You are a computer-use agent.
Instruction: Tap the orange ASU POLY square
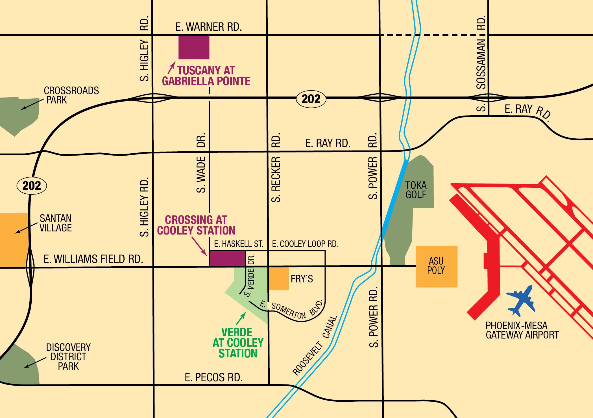pyautogui.click(x=436, y=266)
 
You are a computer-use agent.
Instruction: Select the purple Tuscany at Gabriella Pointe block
pyautogui.click(x=194, y=47)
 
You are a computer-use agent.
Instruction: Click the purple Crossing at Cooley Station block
pyautogui.click(x=227, y=258)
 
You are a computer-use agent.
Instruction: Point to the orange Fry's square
pyautogui.click(x=279, y=279)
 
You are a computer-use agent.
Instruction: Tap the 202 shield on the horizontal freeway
pyautogui.click(x=311, y=99)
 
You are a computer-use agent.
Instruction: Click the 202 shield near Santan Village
pyautogui.click(x=32, y=186)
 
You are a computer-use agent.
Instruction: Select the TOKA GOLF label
pyautogui.click(x=416, y=190)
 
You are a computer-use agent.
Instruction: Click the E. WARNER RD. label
pyautogui.click(x=208, y=27)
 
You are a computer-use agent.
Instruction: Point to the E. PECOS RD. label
pyautogui.click(x=214, y=377)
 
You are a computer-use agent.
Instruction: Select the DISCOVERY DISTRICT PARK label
pyautogui.click(x=68, y=357)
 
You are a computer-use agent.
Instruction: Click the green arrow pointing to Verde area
pyautogui.click(x=241, y=319)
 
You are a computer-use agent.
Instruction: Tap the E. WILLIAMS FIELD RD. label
pyautogui.click(x=93, y=259)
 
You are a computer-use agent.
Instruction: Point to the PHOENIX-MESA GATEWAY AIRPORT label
pyautogui.click(x=522, y=330)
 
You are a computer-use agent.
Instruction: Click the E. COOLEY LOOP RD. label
pyautogui.click(x=305, y=244)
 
